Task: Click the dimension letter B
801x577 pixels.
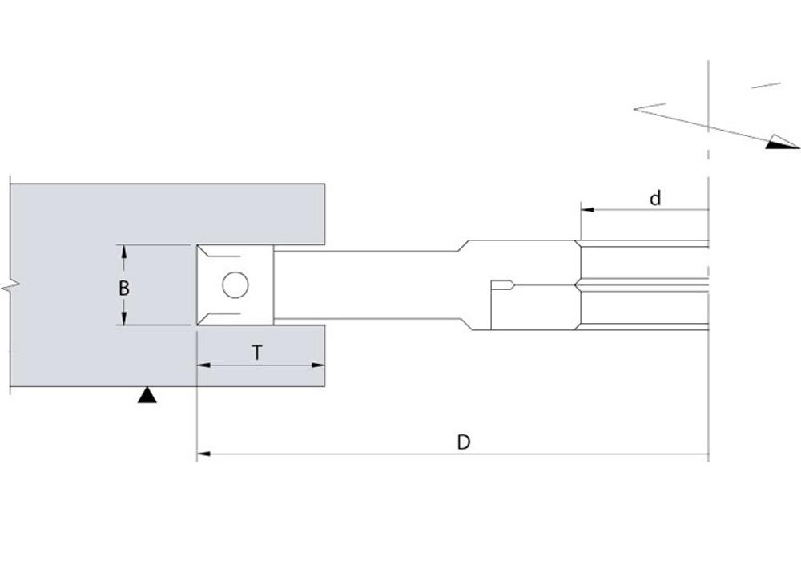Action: (123, 288)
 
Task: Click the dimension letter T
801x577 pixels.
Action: (257, 353)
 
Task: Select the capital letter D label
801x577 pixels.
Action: (463, 442)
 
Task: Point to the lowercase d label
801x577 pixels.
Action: (655, 197)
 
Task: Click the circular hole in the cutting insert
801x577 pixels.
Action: (235, 284)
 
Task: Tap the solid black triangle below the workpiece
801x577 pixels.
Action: (147, 394)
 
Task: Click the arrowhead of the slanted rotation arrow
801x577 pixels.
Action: (783, 142)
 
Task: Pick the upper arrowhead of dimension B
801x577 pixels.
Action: (123, 252)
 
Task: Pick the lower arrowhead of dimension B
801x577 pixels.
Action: (123, 318)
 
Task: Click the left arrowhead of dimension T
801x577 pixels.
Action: (203, 365)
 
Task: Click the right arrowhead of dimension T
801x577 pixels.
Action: (318, 365)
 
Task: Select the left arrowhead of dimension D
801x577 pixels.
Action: (203, 454)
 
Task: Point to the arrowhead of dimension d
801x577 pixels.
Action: (587, 209)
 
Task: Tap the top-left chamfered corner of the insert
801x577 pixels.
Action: (205, 252)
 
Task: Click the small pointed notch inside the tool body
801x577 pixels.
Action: (509, 284)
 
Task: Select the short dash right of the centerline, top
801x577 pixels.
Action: (766, 86)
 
